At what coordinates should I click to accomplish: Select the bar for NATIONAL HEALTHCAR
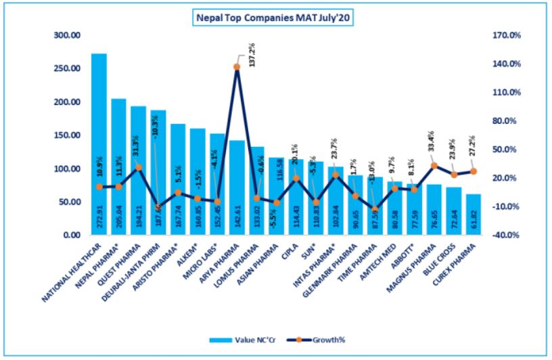99,142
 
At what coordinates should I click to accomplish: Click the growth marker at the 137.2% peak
237,66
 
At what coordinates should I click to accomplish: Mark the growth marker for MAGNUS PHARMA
434,165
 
